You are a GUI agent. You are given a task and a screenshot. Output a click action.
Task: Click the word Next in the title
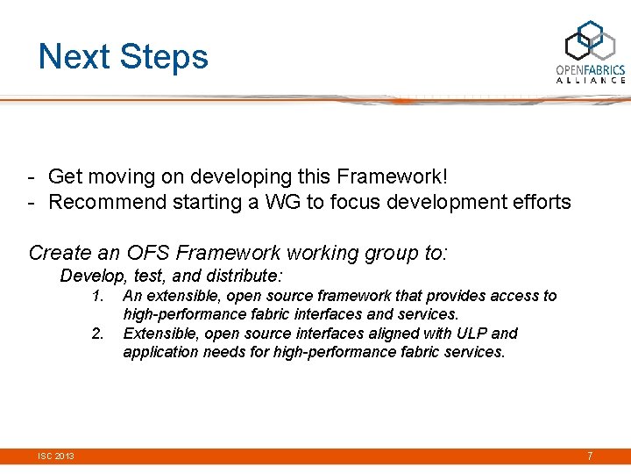click(74, 56)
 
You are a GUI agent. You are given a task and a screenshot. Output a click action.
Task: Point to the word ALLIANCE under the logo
click(591, 80)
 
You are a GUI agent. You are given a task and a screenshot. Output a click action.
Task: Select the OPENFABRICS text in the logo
click(591, 69)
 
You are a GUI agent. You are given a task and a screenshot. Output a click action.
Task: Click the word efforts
click(539, 202)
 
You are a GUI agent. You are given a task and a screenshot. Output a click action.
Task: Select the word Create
click(60, 254)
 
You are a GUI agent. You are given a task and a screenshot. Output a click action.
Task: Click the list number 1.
click(98, 296)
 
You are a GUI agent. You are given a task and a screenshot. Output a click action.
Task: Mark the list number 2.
click(98, 334)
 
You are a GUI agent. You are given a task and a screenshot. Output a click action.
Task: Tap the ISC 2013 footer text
click(55, 456)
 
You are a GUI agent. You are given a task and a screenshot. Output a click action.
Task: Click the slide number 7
click(590, 456)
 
